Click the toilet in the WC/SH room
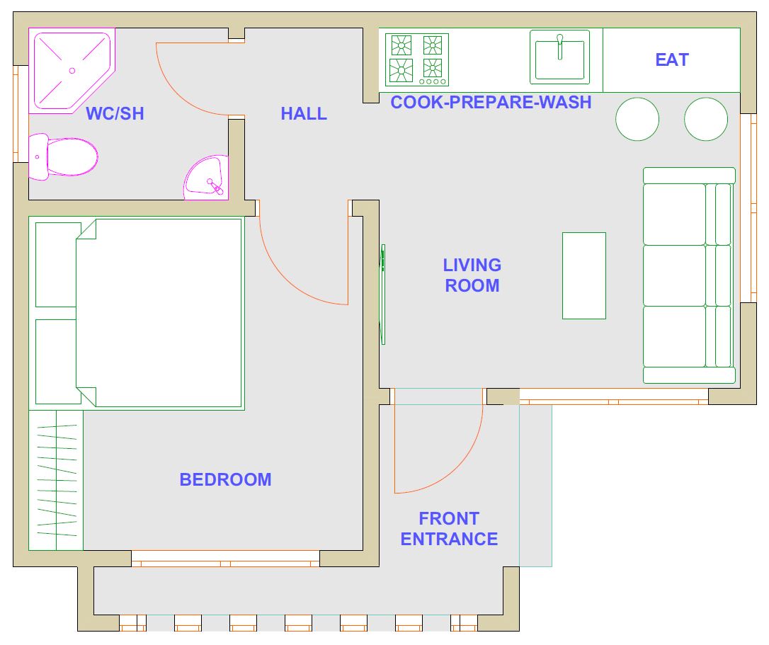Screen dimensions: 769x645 point(63,157)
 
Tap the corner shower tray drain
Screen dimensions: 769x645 point(72,71)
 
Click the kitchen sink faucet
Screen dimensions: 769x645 point(559,47)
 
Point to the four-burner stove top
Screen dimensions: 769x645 point(417,59)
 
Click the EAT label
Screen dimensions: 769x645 point(672,60)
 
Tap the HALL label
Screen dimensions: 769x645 point(304,114)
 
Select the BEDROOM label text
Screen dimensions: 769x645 point(225,479)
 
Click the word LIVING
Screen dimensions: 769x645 point(472,265)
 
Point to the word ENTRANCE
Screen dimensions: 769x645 point(449,539)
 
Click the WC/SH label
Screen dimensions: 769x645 point(115,114)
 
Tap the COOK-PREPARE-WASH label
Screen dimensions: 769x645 point(491,102)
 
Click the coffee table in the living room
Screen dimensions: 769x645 point(583,275)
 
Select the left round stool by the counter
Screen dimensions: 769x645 point(637,119)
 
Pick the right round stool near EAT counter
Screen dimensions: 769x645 point(706,119)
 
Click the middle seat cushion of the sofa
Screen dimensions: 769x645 point(674,275)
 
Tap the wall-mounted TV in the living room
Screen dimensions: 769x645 point(382,295)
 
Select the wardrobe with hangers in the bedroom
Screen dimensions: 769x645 point(56,480)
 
